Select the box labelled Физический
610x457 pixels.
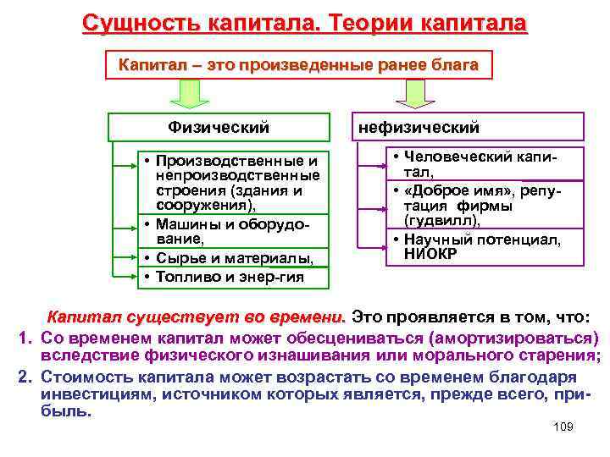coord(218,128)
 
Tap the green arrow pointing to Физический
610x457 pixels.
coord(195,95)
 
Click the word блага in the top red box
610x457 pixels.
coord(453,64)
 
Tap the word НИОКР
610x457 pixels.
coord(433,253)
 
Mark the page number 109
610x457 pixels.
coord(562,427)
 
